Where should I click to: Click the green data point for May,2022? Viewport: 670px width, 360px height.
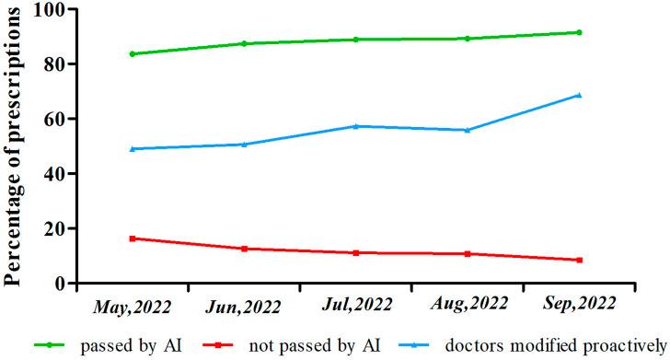(133, 53)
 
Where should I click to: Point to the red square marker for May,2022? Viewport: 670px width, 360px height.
(133, 238)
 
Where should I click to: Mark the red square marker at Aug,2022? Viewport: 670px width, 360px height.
(468, 253)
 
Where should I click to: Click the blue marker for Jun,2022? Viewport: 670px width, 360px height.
(244, 144)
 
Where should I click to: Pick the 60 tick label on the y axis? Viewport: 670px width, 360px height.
(59, 119)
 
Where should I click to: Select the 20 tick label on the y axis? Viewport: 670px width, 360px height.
(59, 228)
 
